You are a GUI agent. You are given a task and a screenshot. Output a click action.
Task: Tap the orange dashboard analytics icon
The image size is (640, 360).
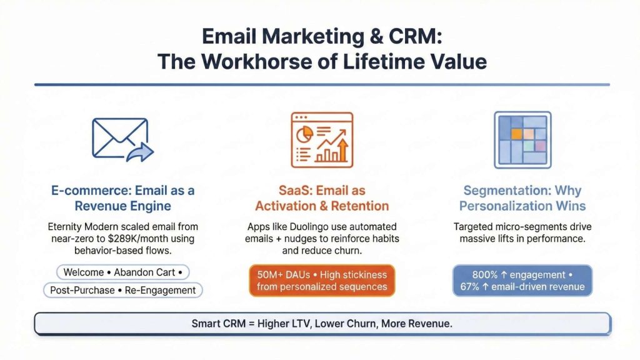[322, 140]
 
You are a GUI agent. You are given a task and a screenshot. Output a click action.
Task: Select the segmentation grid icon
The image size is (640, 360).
[522, 140]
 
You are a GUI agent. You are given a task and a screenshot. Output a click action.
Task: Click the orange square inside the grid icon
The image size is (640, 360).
[516, 133]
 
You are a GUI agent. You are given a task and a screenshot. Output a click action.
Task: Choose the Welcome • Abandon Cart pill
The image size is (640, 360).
[122, 272]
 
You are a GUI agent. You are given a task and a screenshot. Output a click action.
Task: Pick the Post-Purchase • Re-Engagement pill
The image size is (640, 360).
[122, 290]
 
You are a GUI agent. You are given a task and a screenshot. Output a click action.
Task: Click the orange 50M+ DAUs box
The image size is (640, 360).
[322, 281]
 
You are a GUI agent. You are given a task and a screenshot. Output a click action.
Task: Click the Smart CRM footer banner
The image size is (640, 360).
[322, 324]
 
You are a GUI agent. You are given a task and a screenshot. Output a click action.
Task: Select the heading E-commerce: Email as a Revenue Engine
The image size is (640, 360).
[122, 198]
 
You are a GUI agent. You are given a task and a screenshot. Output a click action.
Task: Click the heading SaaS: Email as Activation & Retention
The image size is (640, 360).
[322, 198]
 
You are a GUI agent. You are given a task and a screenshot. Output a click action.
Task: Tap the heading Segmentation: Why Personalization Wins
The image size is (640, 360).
[522, 198]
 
